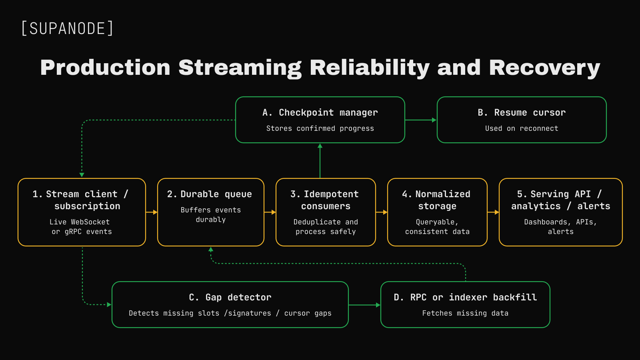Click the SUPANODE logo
point(68,28)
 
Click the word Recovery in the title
point(544,68)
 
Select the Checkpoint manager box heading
point(320,112)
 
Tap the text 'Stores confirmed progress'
point(320,128)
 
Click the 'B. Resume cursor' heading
point(522,112)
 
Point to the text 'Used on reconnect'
point(522,128)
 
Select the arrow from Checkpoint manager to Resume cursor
point(421,120)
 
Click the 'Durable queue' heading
point(210,194)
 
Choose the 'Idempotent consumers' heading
point(325,200)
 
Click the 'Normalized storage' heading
point(436,200)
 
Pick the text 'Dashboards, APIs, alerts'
point(560,226)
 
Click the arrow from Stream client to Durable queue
point(152,212)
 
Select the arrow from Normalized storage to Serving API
point(493,212)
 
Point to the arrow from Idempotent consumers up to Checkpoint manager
point(320,161)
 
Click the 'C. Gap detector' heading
point(230,298)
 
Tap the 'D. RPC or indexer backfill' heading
point(465,298)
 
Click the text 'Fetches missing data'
point(465,314)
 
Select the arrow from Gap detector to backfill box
point(364,305)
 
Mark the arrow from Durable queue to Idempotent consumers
point(270,212)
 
